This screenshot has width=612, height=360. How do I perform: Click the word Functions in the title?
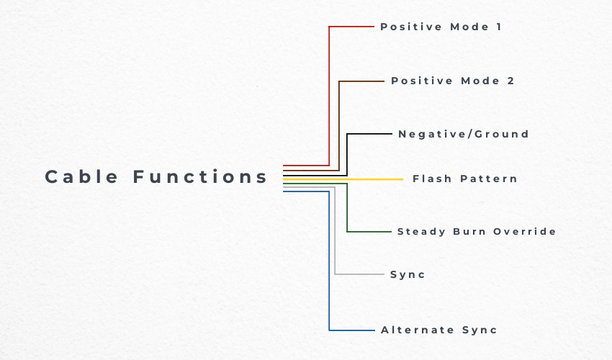pos(200,176)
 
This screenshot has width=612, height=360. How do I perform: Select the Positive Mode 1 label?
pos(440,27)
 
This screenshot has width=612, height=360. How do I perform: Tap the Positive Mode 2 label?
pos(452,81)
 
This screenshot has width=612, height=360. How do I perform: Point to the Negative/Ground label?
pos(463,134)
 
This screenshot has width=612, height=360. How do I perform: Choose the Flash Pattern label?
pos(464,179)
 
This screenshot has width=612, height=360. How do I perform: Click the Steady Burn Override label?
pos(477,231)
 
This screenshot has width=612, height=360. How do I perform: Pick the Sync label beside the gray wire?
pos(408,274)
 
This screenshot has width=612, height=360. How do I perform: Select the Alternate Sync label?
pos(438,330)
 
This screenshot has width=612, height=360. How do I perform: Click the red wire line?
pos(329,94)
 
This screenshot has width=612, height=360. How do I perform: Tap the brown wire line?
pos(339,122)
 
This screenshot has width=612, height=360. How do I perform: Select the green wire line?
pos(347,209)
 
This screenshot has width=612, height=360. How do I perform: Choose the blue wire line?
pos(329,266)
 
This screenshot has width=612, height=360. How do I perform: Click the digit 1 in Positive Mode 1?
pos(498,27)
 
